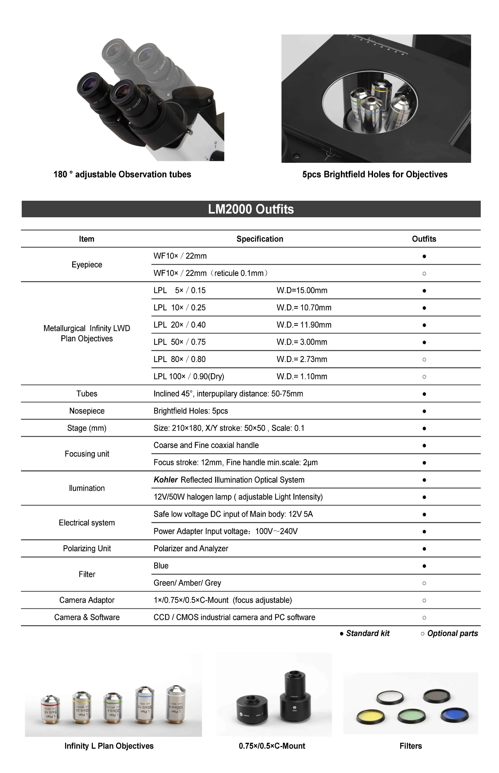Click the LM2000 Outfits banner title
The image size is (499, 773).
pos(251,209)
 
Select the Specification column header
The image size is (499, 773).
pos(259,239)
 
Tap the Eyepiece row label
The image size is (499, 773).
pos(87,265)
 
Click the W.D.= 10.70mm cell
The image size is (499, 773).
pos(304,307)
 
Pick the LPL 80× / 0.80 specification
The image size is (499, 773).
pos(179,359)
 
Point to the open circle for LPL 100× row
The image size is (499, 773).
pos(424,377)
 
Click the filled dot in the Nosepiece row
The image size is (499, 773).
pos(424,411)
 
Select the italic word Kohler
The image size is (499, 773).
pos(166,480)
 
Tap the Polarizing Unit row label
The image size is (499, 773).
pos(87,548)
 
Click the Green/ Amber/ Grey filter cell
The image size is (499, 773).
pos(187,583)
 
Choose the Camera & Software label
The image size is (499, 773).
pos(87,617)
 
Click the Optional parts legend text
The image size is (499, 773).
pos(452,633)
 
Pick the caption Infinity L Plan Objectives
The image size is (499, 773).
pos(109,746)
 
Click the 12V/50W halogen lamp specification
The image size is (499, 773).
pos(238,497)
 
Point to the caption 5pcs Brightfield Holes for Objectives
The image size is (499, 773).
pos(374,175)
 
